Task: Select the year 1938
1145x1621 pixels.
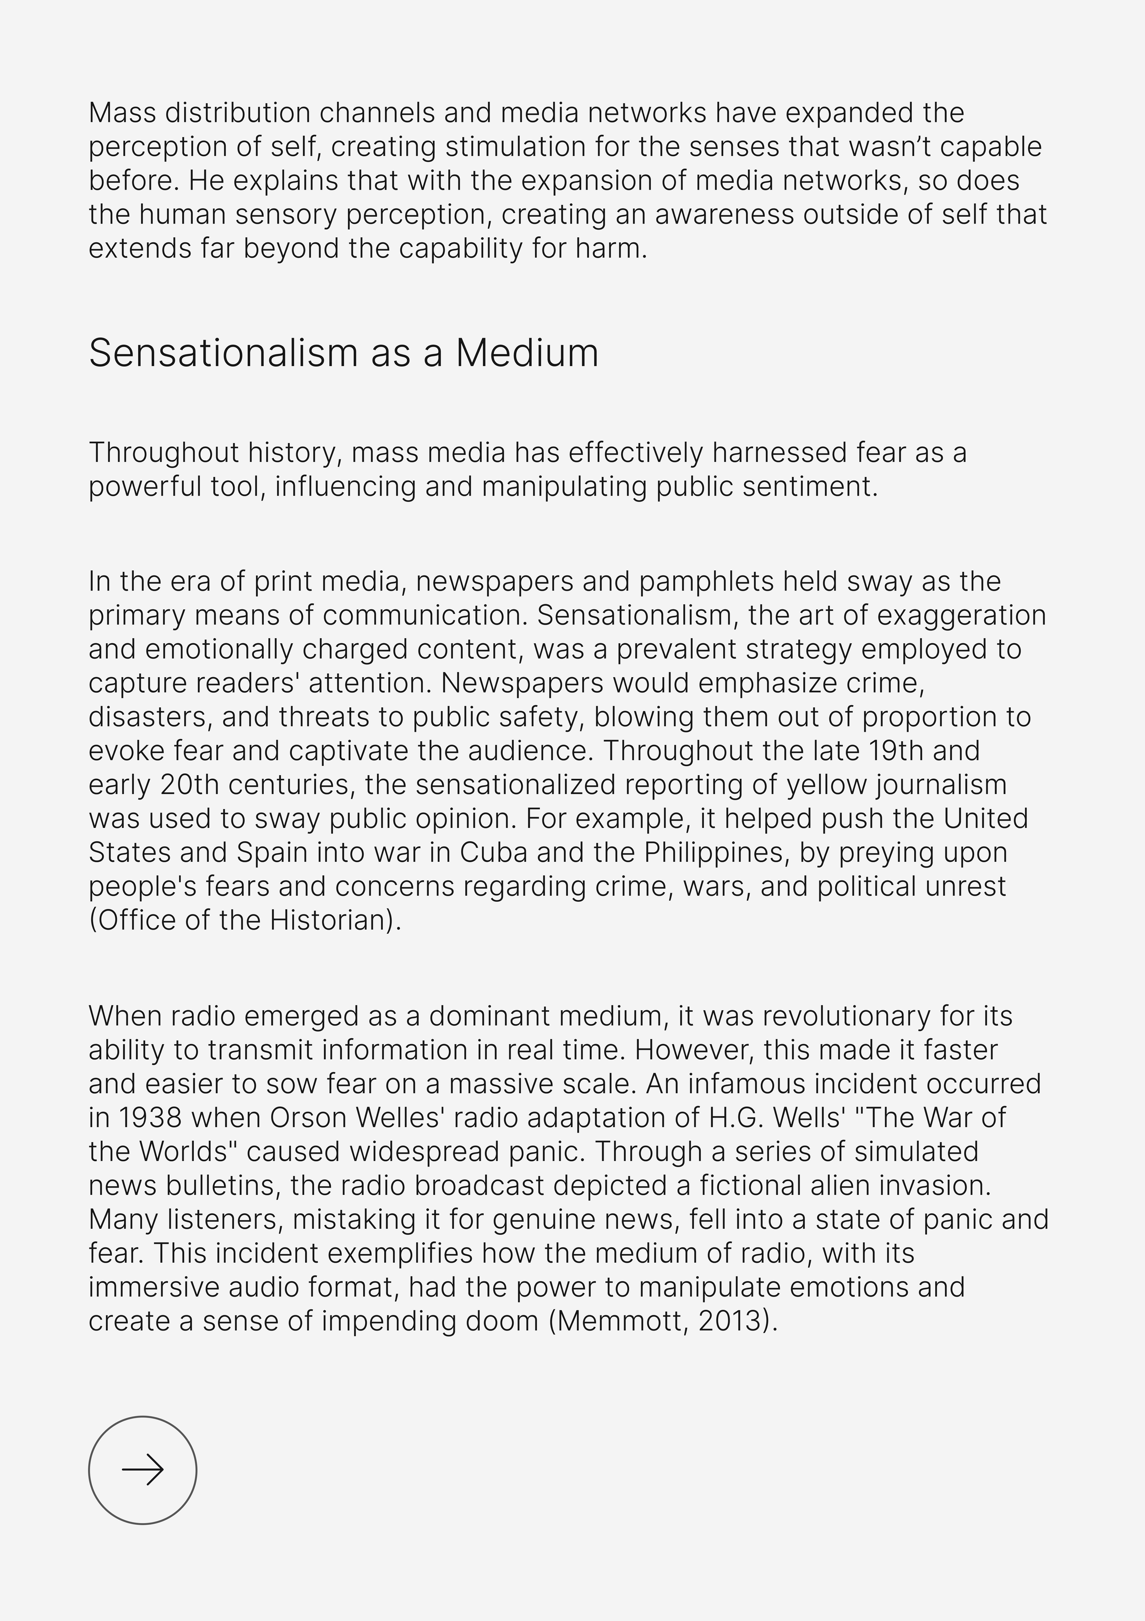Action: point(150,1117)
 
